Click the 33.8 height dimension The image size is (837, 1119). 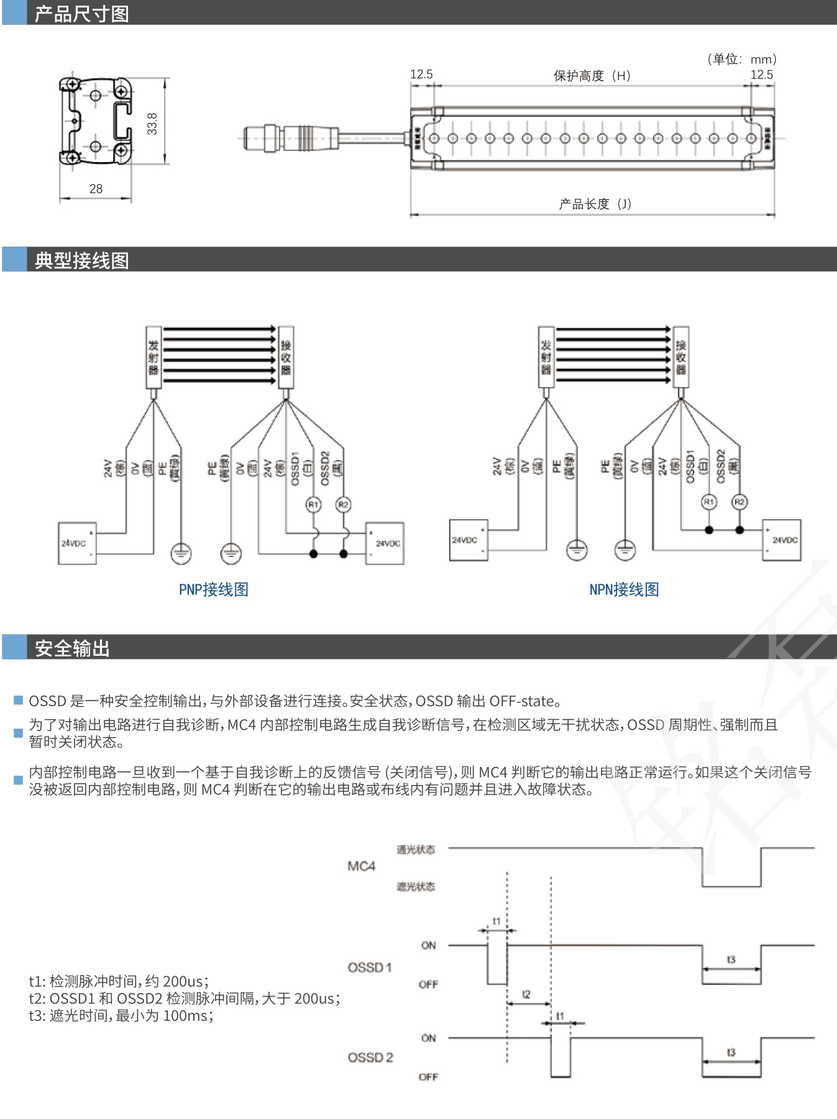152,123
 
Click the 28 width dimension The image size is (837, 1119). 96,189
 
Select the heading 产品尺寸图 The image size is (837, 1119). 81,13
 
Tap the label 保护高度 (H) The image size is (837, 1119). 592,76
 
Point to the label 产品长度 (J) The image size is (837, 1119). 595,204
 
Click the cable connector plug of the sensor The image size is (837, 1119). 290,138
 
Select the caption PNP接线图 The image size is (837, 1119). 213,589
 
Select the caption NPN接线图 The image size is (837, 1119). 624,589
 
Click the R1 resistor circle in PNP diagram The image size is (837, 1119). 313,505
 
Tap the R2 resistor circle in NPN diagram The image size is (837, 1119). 739,502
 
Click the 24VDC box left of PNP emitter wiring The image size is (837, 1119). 77,543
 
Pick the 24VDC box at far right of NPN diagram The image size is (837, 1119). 782,540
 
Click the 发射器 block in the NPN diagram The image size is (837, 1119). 546,357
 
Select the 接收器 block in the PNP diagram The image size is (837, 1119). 286,357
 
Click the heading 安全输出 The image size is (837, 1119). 72,648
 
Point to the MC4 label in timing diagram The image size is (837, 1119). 361,866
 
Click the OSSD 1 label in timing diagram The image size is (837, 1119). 370,967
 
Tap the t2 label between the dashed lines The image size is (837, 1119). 526,994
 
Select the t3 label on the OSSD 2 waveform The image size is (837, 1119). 731,1052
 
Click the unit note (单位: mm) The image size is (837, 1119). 742,59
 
